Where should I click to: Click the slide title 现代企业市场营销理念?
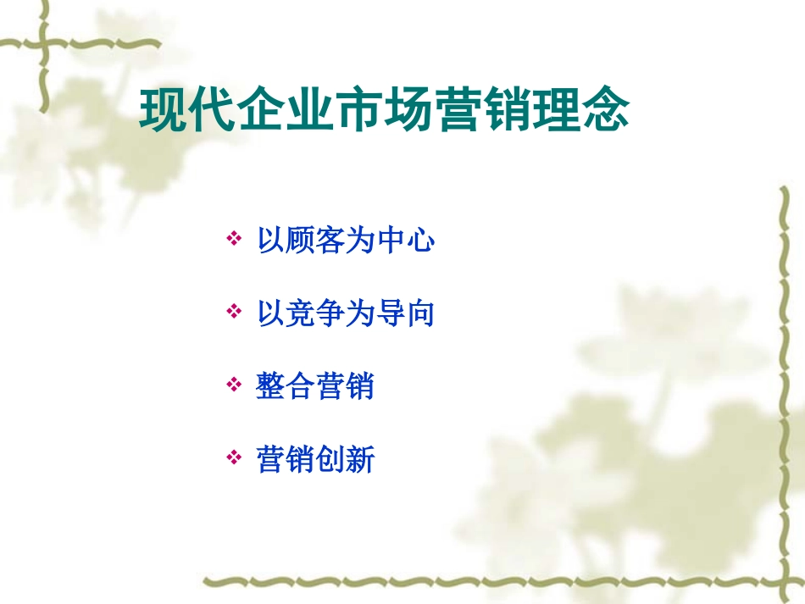point(385,110)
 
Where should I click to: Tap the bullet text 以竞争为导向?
point(346,314)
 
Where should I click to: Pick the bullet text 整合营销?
point(315,387)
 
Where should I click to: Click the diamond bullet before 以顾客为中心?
point(234,241)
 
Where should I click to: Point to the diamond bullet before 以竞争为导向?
point(234,313)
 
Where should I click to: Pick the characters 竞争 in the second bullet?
point(315,314)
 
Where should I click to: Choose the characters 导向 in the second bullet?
point(405,314)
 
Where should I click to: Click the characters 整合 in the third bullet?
point(286,387)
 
